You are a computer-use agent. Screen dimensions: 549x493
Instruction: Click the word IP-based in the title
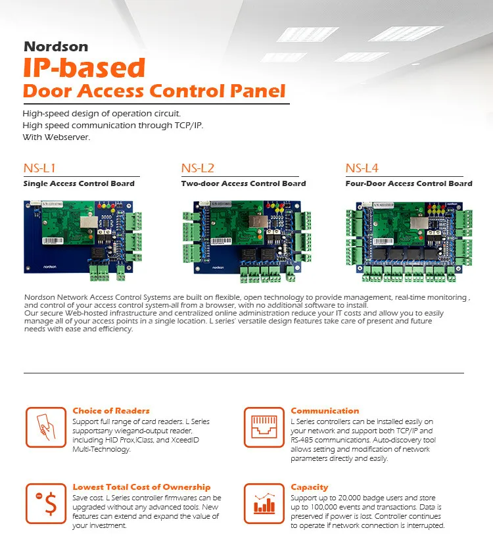83,68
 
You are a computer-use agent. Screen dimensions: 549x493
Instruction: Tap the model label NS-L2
198,169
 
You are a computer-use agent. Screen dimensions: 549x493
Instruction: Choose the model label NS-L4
362,169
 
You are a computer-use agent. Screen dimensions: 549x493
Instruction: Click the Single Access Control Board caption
79,183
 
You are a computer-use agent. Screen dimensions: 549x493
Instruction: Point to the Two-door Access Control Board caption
243,183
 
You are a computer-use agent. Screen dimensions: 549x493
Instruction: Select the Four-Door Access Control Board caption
409,183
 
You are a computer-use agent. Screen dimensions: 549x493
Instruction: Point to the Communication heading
325,411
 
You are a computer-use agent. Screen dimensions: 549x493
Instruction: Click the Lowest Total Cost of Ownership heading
141,487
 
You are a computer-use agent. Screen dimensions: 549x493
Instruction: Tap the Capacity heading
309,487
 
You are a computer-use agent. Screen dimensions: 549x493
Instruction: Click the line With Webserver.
56,137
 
